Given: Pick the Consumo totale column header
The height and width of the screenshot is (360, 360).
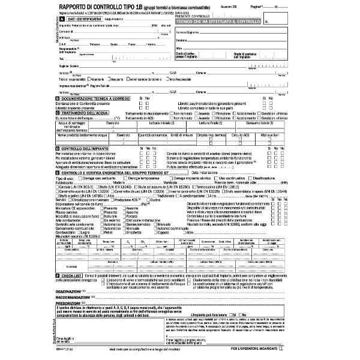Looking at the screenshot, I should click(x=259, y=122).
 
